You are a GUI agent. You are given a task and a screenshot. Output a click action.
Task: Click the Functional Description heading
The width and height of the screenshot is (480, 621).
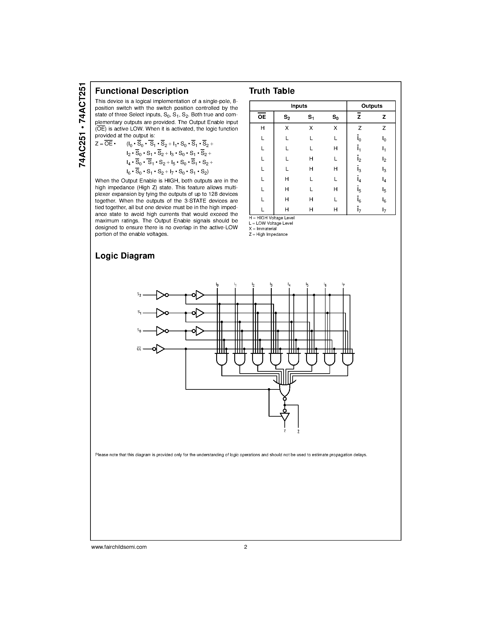(142, 91)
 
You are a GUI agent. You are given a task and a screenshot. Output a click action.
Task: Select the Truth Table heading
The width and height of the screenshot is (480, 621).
(272, 91)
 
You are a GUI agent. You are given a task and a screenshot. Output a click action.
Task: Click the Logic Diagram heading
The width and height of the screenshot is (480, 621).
(125, 256)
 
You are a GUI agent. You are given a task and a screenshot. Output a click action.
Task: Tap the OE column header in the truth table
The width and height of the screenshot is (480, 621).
(262, 117)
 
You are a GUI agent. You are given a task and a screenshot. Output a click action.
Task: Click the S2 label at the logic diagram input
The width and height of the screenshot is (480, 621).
(139, 294)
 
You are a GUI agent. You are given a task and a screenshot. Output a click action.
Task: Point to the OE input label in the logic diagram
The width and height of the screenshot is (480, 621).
(139, 349)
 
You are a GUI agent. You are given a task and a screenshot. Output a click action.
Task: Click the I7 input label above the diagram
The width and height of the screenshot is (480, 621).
(343, 285)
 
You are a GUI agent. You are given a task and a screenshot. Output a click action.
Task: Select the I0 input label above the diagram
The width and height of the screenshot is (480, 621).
(217, 285)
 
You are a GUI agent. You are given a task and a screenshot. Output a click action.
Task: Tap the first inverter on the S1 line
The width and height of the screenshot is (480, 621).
(160, 313)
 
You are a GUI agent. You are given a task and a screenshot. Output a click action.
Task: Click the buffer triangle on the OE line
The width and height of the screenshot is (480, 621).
(160, 349)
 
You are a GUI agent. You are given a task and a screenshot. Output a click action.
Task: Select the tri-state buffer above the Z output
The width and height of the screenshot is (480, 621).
(285, 417)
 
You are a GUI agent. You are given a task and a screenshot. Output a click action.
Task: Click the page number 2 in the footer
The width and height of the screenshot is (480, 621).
(246, 547)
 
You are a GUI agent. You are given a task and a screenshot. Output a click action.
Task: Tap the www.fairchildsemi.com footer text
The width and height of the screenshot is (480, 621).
(119, 547)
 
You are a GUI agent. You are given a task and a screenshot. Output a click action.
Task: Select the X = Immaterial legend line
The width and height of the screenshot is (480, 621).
(262, 229)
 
